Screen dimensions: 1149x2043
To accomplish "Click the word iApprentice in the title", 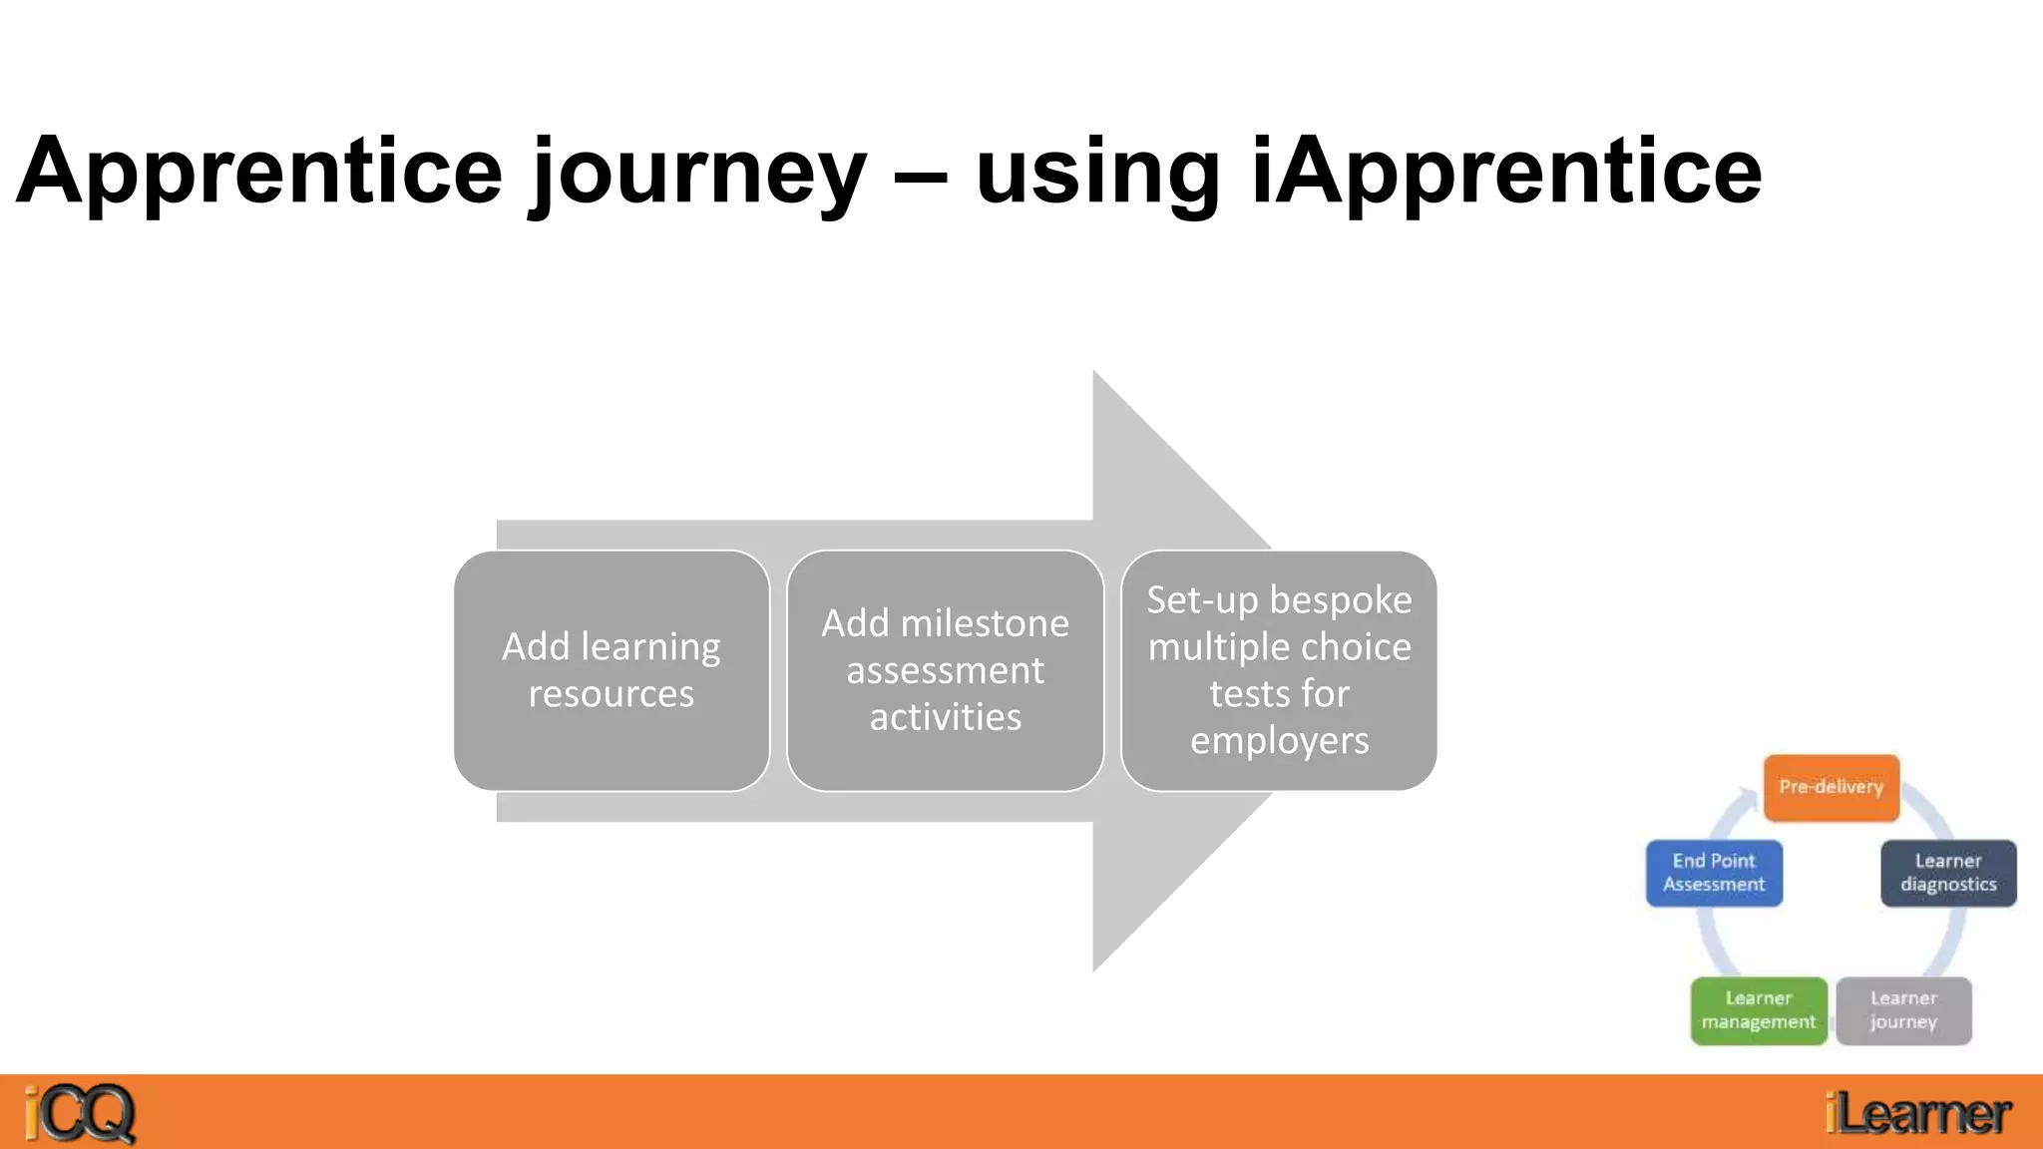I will (x=1506, y=172).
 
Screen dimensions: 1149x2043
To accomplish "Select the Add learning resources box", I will (x=612, y=670).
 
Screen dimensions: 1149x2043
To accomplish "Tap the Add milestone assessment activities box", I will (x=945, y=670).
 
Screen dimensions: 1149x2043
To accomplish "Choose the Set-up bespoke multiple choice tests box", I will (x=1279, y=670).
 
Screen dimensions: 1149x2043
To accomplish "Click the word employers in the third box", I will (x=1279, y=741).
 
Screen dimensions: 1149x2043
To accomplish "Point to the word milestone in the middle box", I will (x=985, y=623).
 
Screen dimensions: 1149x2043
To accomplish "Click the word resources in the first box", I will (x=612, y=693).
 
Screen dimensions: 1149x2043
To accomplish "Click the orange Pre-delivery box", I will (x=1832, y=788).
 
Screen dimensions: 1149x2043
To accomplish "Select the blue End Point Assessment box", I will (x=1714, y=873).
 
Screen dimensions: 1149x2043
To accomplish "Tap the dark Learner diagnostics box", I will (x=1948, y=873).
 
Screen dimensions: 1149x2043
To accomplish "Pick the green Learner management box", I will (x=1759, y=1010).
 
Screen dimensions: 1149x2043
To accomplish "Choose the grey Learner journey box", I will (x=1903, y=1010).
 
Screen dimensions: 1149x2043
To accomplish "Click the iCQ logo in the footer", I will (x=80, y=1113).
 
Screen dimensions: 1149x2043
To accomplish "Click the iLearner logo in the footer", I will (x=1917, y=1113).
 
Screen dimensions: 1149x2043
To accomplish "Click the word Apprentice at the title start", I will (x=259, y=172).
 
